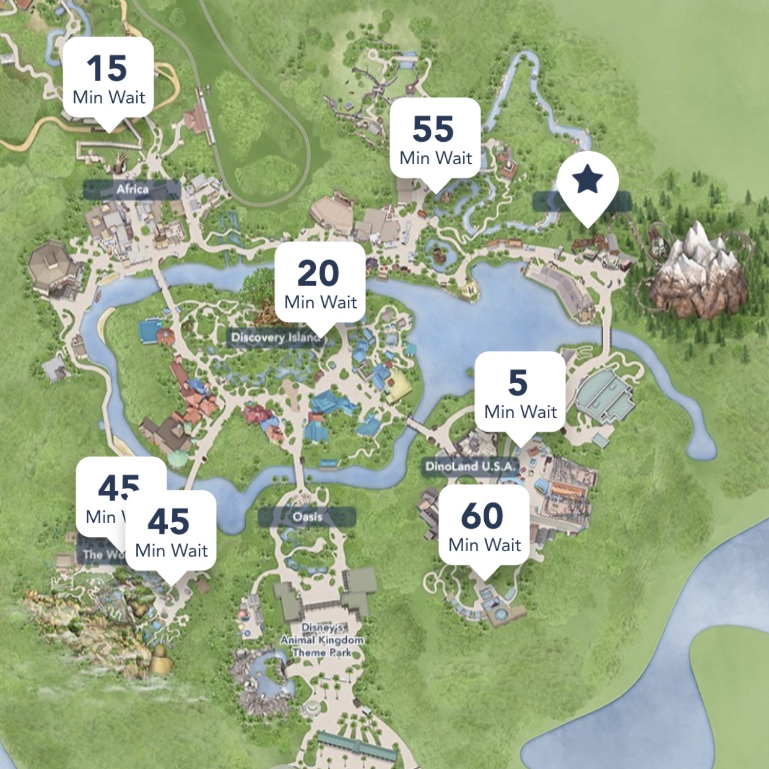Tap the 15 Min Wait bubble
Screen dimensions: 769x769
tap(108, 79)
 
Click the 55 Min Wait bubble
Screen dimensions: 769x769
tap(435, 139)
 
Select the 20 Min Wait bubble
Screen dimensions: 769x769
tap(320, 284)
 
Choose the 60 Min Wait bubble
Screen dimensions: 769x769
tap(484, 526)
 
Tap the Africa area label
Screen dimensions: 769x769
tap(132, 189)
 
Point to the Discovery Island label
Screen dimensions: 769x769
tap(276, 337)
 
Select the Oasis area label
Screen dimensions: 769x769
tap(307, 516)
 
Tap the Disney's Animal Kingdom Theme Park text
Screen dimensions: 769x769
tap(322, 640)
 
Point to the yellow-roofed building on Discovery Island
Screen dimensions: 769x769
tap(399, 386)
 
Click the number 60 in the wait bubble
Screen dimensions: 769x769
tap(482, 516)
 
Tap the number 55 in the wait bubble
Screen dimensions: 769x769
tap(433, 129)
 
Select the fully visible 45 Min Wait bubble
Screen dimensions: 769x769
tap(171, 531)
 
